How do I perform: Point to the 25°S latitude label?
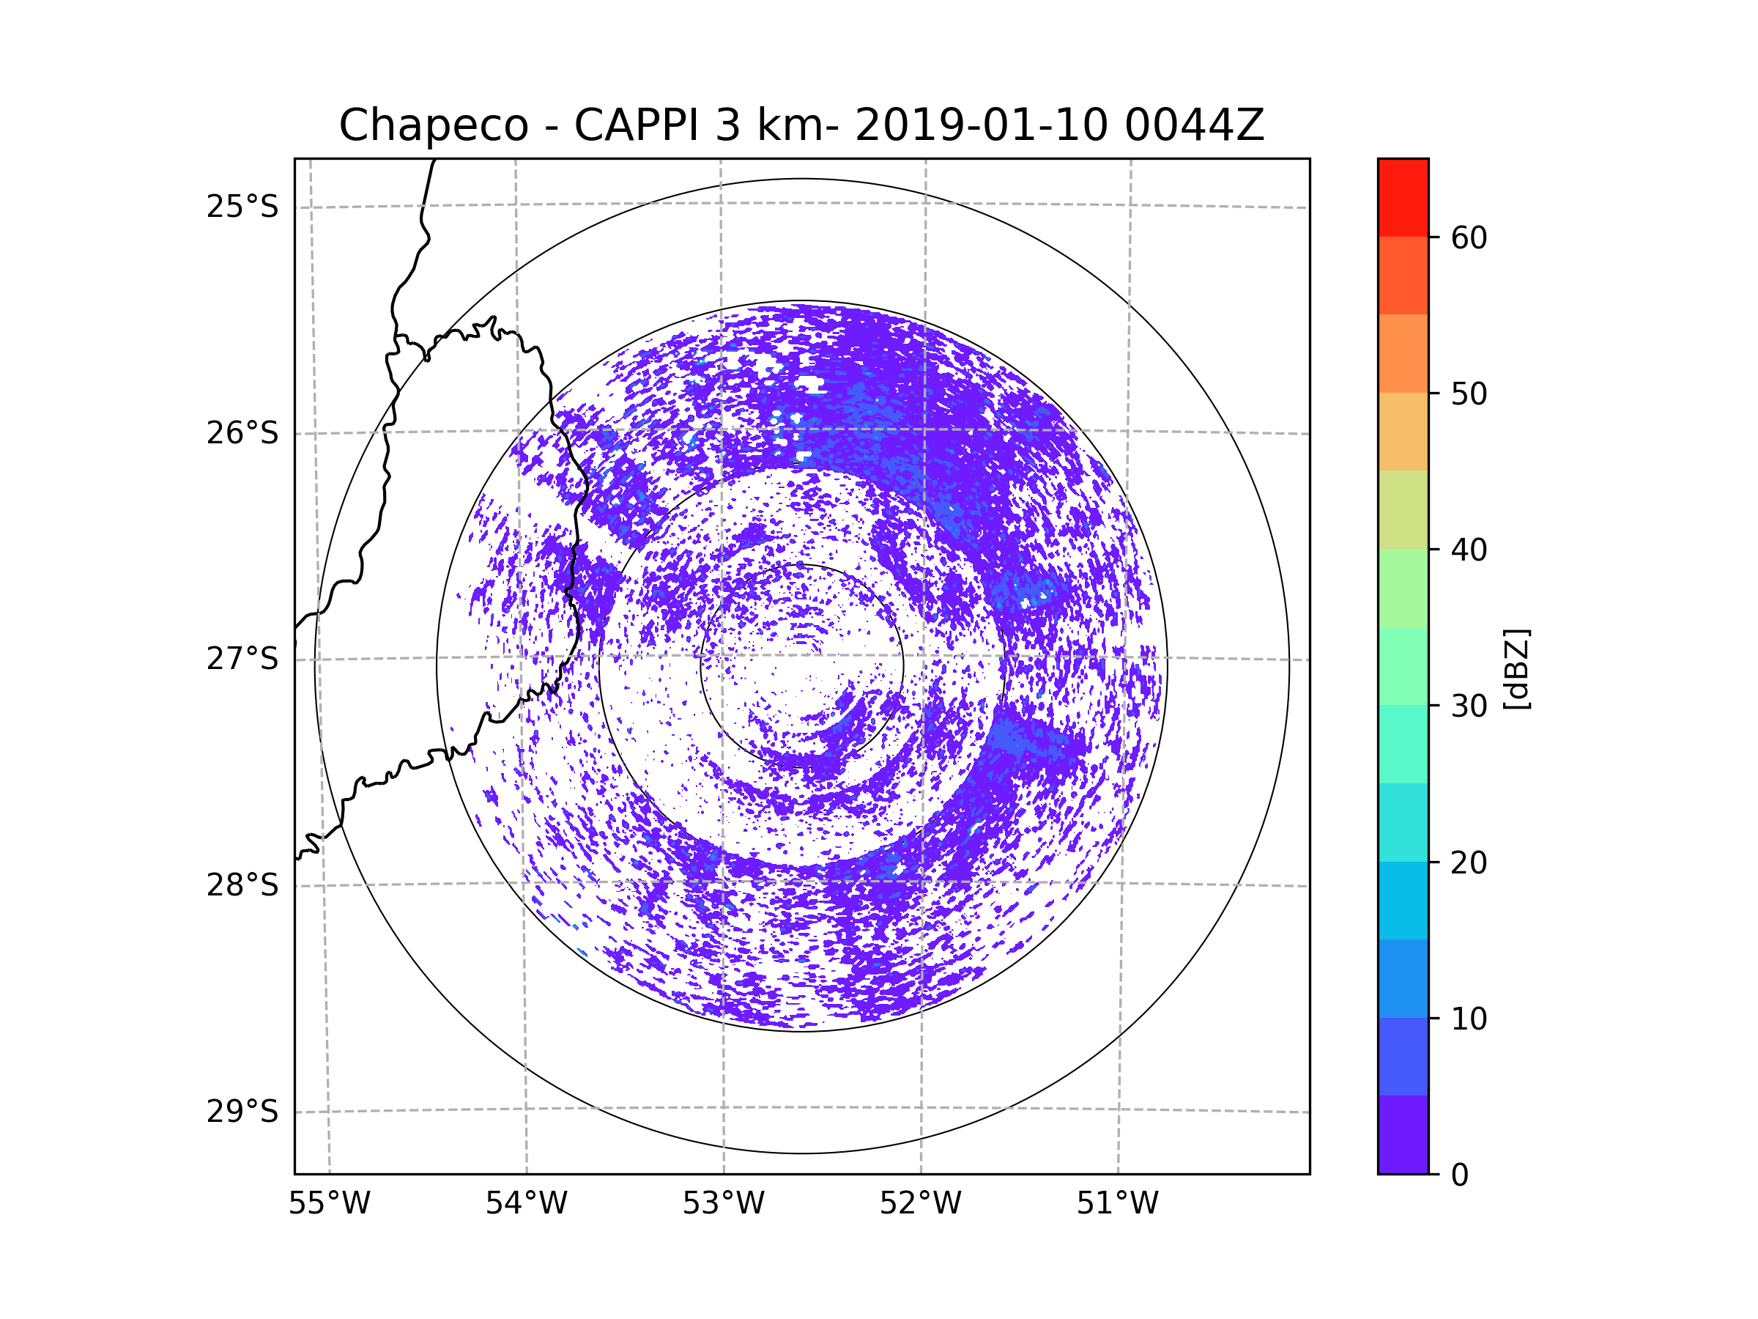click(242, 207)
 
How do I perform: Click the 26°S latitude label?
click(242, 434)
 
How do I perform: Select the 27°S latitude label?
click(242, 659)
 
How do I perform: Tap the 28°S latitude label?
click(242, 885)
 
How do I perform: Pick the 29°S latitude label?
click(242, 1112)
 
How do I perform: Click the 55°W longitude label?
click(329, 1204)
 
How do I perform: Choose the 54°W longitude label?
click(526, 1204)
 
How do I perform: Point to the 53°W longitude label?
click(723, 1204)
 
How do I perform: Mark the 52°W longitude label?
click(920, 1204)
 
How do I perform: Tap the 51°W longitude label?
click(1117, 1204)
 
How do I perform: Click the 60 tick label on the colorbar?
click(1469, 237)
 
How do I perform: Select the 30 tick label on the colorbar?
click(1469, 706)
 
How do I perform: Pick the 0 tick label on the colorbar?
click(1460, 1175)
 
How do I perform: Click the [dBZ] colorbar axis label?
click(1516, 670)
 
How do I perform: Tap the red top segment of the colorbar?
click(1403, 197)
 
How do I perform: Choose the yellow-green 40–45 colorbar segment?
click(1403, 509)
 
